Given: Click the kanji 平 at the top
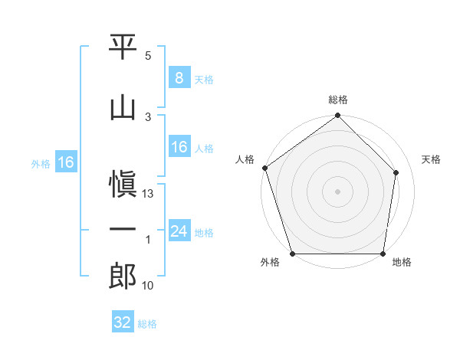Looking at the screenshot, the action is pos(123,47).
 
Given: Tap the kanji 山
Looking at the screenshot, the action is pos(123,109).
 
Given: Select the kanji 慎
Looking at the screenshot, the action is pos(123,184).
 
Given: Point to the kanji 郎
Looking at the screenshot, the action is pos(123,276).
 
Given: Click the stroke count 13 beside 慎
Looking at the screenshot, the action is pos(147,194).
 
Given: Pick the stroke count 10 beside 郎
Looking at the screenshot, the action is pos(147,286).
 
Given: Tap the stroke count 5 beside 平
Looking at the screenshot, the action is pos(148,56).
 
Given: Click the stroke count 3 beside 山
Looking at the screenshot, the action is pos(148,117).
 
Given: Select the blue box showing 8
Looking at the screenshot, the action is pos(179,77).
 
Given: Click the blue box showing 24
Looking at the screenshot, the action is pos(179,230).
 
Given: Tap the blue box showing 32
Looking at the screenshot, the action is pos(123,321).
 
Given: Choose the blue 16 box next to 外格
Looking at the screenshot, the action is pos(66,162).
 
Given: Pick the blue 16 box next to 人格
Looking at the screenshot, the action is pos(179,146).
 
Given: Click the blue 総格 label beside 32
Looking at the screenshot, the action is pos(147,324).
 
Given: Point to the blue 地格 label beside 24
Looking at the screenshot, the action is pos(204,233).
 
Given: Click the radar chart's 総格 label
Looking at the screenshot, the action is pos(338,100).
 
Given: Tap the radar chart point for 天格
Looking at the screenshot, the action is pos(396,172).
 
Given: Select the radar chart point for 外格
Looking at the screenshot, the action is pos(293,254).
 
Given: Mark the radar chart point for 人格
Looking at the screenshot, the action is pos(265,168).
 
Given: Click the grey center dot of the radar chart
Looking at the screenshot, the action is pos(337,191).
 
